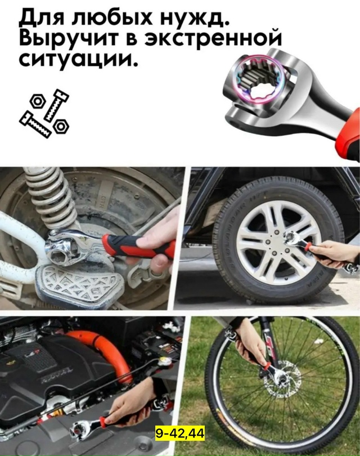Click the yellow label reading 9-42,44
pos(179,432)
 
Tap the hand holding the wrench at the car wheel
pos(335,253)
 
